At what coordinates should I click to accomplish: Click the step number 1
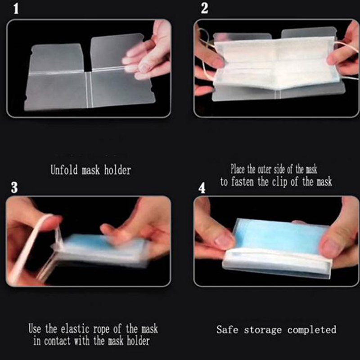(x=16, y=9)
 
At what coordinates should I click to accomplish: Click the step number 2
(x=204, y=9)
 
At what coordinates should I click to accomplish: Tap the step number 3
(x=14, y=187)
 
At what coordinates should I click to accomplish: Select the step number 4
(x=202, y=188)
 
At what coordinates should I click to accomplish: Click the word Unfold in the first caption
(x=64, y=170)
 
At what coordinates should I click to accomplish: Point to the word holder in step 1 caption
(x=117, y=170)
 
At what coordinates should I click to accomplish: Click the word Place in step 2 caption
(x=238, y=169)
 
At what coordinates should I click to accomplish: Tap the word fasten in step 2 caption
(x=243, y=182)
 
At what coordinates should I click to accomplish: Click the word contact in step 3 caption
(x=57, y=341)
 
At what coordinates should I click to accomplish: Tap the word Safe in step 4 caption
(x=227, y=330)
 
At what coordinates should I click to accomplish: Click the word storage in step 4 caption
(x=263, y=330)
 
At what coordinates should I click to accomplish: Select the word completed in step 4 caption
(x=311, y=330)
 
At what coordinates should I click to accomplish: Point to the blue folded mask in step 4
(x=280, y=237)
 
